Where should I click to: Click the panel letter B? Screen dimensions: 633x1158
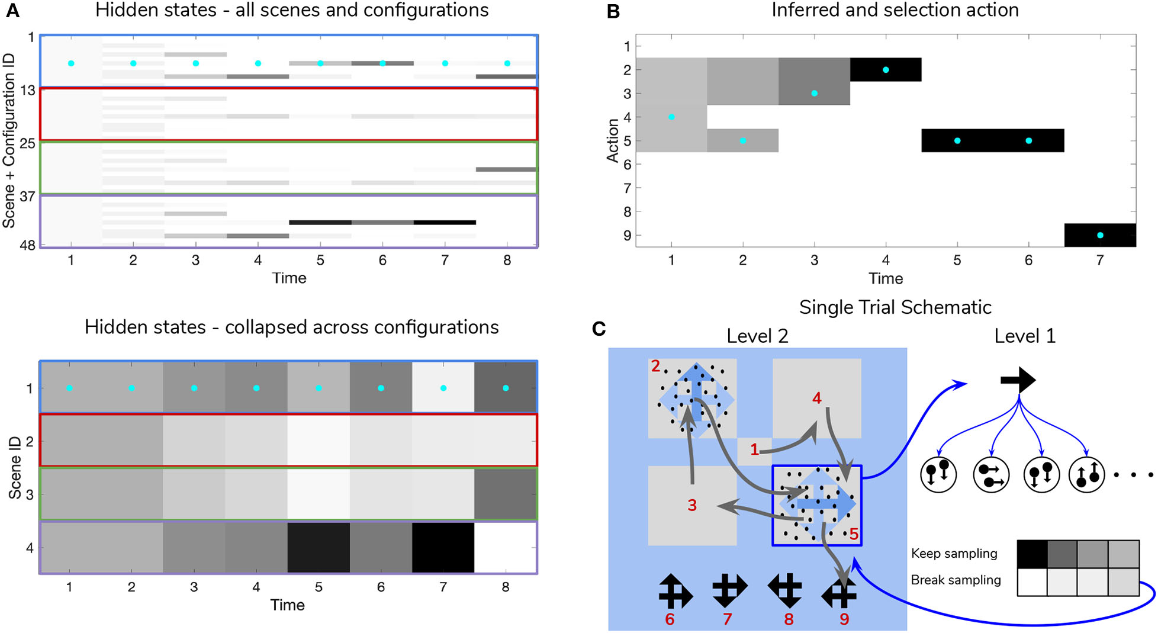613,11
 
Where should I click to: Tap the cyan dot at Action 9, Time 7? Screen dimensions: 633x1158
1100,235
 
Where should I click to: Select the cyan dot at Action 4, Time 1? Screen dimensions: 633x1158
671,117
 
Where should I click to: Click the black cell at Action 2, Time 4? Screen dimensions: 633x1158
886,70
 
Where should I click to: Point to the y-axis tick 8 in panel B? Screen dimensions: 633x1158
627,211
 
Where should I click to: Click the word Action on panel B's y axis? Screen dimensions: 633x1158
613,140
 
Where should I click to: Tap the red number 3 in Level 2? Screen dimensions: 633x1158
692,505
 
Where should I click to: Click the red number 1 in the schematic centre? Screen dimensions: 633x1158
754,450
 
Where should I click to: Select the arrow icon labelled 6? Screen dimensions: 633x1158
674,591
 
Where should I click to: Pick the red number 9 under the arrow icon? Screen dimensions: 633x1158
844,619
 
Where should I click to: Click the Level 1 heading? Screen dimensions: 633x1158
1025,336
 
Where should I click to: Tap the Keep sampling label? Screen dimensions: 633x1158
954,553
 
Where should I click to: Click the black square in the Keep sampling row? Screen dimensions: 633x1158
1032,554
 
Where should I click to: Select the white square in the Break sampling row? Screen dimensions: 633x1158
1032,582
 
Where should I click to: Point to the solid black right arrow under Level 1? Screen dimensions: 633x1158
1018,380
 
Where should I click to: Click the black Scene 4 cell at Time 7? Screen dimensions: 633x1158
443,547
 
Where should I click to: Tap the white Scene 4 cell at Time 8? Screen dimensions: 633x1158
505,547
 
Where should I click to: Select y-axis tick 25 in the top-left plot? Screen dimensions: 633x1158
28,143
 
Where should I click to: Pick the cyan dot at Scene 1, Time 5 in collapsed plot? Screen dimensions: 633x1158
319,388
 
